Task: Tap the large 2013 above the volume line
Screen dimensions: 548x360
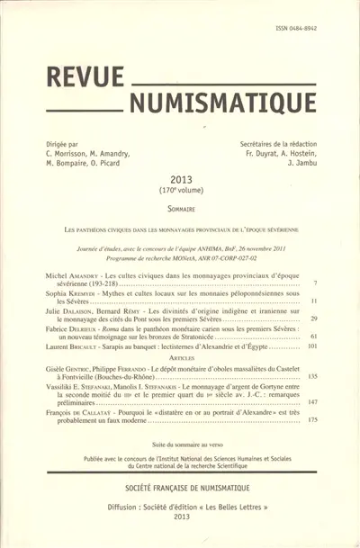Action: point(181,180)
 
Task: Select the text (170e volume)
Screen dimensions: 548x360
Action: point(182,191)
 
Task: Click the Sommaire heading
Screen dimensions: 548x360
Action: point(181,207)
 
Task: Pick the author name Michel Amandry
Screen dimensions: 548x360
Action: point(75,271)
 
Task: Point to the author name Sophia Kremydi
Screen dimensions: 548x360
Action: point(75,293)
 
